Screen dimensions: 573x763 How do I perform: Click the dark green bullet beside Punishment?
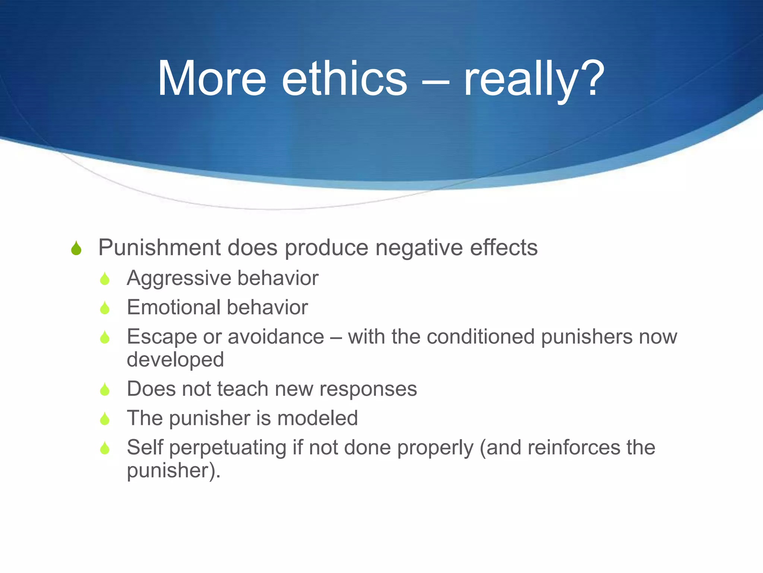[x=76, y=248]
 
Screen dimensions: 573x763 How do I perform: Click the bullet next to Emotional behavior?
[x=105, y=308]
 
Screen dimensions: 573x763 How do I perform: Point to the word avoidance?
[x=276, y=337]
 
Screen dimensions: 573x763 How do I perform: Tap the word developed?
[x=175, y=360]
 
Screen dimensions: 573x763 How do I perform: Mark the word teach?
[x=243, y=389]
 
